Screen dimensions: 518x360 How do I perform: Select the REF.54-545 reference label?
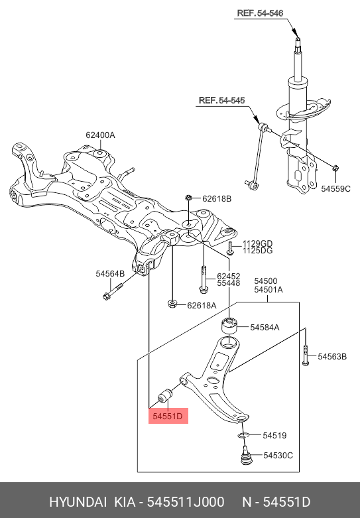click(221, 101)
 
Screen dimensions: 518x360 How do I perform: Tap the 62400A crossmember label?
click(100, 135)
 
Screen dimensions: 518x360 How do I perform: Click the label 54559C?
click(335, 188)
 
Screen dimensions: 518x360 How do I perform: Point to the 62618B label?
click(217, 198)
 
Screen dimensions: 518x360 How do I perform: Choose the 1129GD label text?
click(257, 243)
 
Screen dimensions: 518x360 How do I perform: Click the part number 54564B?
click(110, 273)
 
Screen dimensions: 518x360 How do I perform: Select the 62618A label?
click(201, 305)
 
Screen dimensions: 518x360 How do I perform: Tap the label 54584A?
click(265, 327)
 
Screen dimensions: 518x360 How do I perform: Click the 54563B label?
click(332, 357)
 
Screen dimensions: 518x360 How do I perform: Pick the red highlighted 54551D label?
click(169, 417)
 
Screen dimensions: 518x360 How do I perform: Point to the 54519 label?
click(274, 436)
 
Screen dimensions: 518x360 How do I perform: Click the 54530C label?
click(278, 455)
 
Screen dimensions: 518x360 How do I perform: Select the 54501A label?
click(268, 290)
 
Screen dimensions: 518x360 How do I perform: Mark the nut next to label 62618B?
click(189, 198)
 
